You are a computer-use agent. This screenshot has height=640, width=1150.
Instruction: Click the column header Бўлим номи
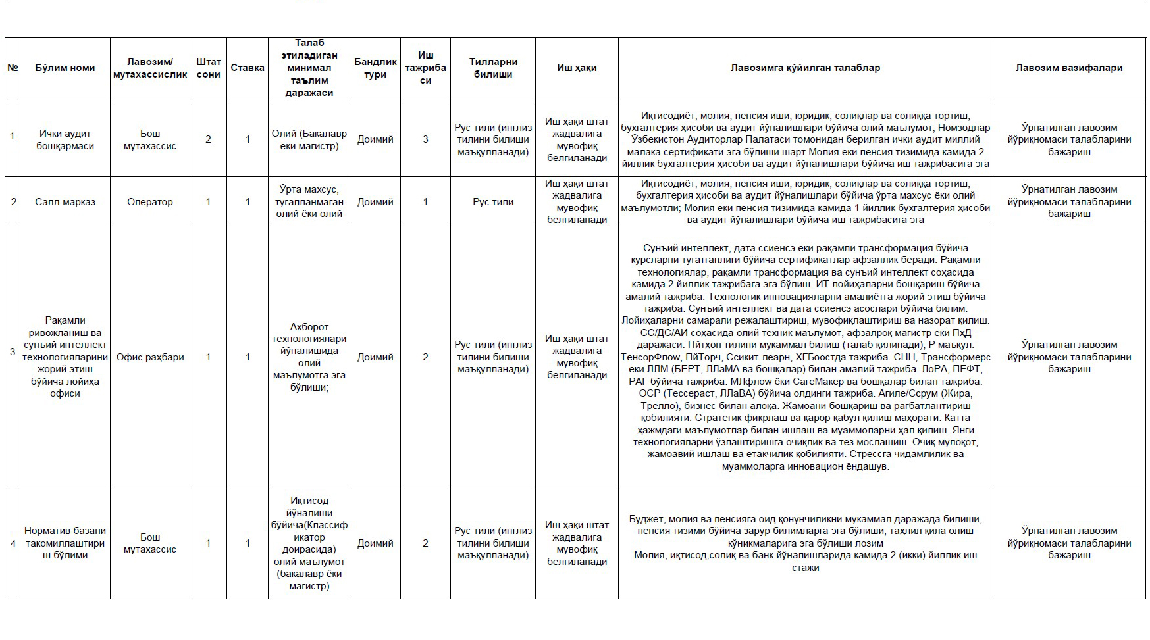pyautogui.click(x=65, y=68)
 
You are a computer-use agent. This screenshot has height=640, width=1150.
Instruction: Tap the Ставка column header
pyautogui.click(x=248, y=68)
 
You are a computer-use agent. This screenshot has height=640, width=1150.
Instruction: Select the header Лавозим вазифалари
pyautogui.click(x=1069, y=68)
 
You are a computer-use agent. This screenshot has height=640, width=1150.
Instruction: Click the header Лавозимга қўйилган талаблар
pyautogui.click(x=805, y=68)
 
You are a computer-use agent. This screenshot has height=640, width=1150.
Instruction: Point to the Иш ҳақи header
pyautogui.click(x=577, y=68)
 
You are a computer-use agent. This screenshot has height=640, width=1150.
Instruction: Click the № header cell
pyautogui.click(x=13, y=68)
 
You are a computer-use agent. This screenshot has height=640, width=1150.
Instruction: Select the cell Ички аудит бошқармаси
pyautogui.click(x=65, y=139)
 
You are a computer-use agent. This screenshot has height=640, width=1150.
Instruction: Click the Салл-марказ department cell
pyautogui.click(x=65, y=202)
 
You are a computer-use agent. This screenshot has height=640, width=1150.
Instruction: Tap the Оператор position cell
pyautogui.click(x=150, y=202)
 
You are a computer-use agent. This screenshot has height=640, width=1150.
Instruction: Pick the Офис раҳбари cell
pyautogui.click(x=150, y=357)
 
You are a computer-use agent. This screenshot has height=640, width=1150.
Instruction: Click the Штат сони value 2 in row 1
pyautogui.click(x=208, y=139)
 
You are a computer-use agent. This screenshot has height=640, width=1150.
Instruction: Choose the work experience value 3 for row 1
pyautogui.click(x=425, y=139)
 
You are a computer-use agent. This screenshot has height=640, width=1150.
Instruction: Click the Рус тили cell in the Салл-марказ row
pyautogui.click(x=493, y=202)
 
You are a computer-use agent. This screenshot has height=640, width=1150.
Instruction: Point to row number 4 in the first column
pyautogui.click(x=13, y=543)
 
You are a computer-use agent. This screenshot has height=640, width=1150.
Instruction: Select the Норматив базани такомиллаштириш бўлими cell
pyautogui.click(x=65, y=543)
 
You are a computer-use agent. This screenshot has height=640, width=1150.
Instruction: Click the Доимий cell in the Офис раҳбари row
pyautogui.click(x=375, y=357)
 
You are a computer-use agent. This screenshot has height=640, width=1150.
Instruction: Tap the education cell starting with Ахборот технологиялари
pyautogui.click(x=309, y=357)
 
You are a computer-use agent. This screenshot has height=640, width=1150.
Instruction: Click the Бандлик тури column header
pyautogui.click(x=375, y=68)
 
